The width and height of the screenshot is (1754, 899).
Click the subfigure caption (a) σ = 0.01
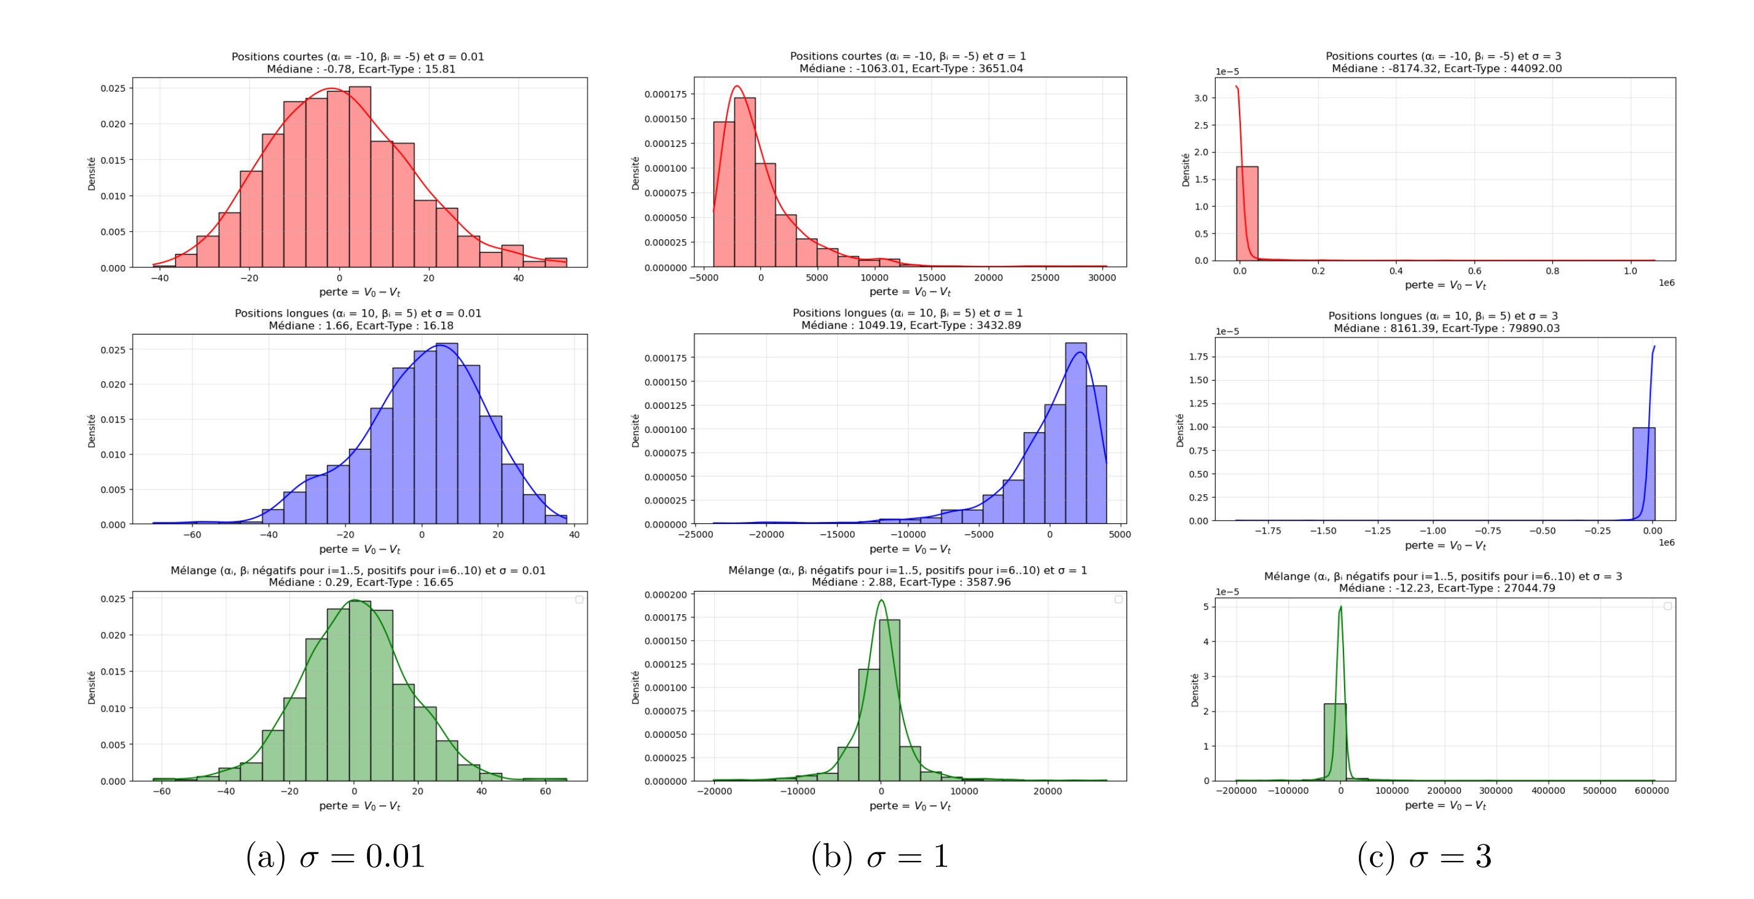(335, 856)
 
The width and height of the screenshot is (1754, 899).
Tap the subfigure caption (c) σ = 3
(1425, 856)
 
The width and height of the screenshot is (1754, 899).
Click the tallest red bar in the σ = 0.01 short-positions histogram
(360, 177)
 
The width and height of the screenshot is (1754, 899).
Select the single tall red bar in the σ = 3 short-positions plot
(1247, 213)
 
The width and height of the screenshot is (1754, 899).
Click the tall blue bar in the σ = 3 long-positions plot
(1644, 474)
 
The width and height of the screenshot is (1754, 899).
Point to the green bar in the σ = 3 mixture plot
(1335, 742)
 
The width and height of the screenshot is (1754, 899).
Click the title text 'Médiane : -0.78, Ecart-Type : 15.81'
(361, 69)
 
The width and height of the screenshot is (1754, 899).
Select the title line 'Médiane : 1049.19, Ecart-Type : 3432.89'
(911, 325)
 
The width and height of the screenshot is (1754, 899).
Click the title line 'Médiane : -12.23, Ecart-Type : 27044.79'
(1447, 588)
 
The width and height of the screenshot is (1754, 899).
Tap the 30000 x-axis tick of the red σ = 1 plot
(1102, 278)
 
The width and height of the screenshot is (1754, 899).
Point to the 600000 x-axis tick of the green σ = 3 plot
(1652, 791)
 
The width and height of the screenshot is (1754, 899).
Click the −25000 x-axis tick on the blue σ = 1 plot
(696, 534)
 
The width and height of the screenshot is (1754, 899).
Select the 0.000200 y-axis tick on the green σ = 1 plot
(665, 595)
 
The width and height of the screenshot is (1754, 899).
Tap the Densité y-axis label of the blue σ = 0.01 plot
(91, 430)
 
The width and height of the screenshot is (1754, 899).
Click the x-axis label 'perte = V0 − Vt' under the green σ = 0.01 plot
(360, 806)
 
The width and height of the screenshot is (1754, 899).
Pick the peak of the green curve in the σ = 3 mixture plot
(1340, 607)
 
